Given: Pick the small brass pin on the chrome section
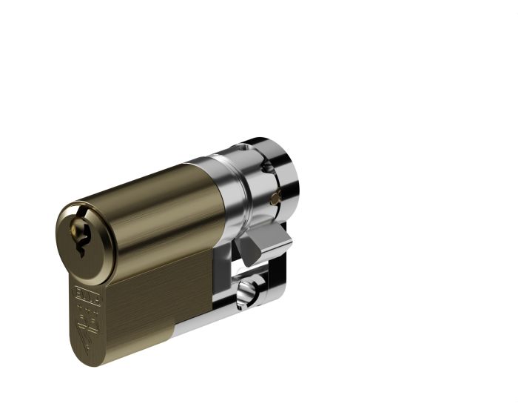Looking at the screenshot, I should tap(276, 197).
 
